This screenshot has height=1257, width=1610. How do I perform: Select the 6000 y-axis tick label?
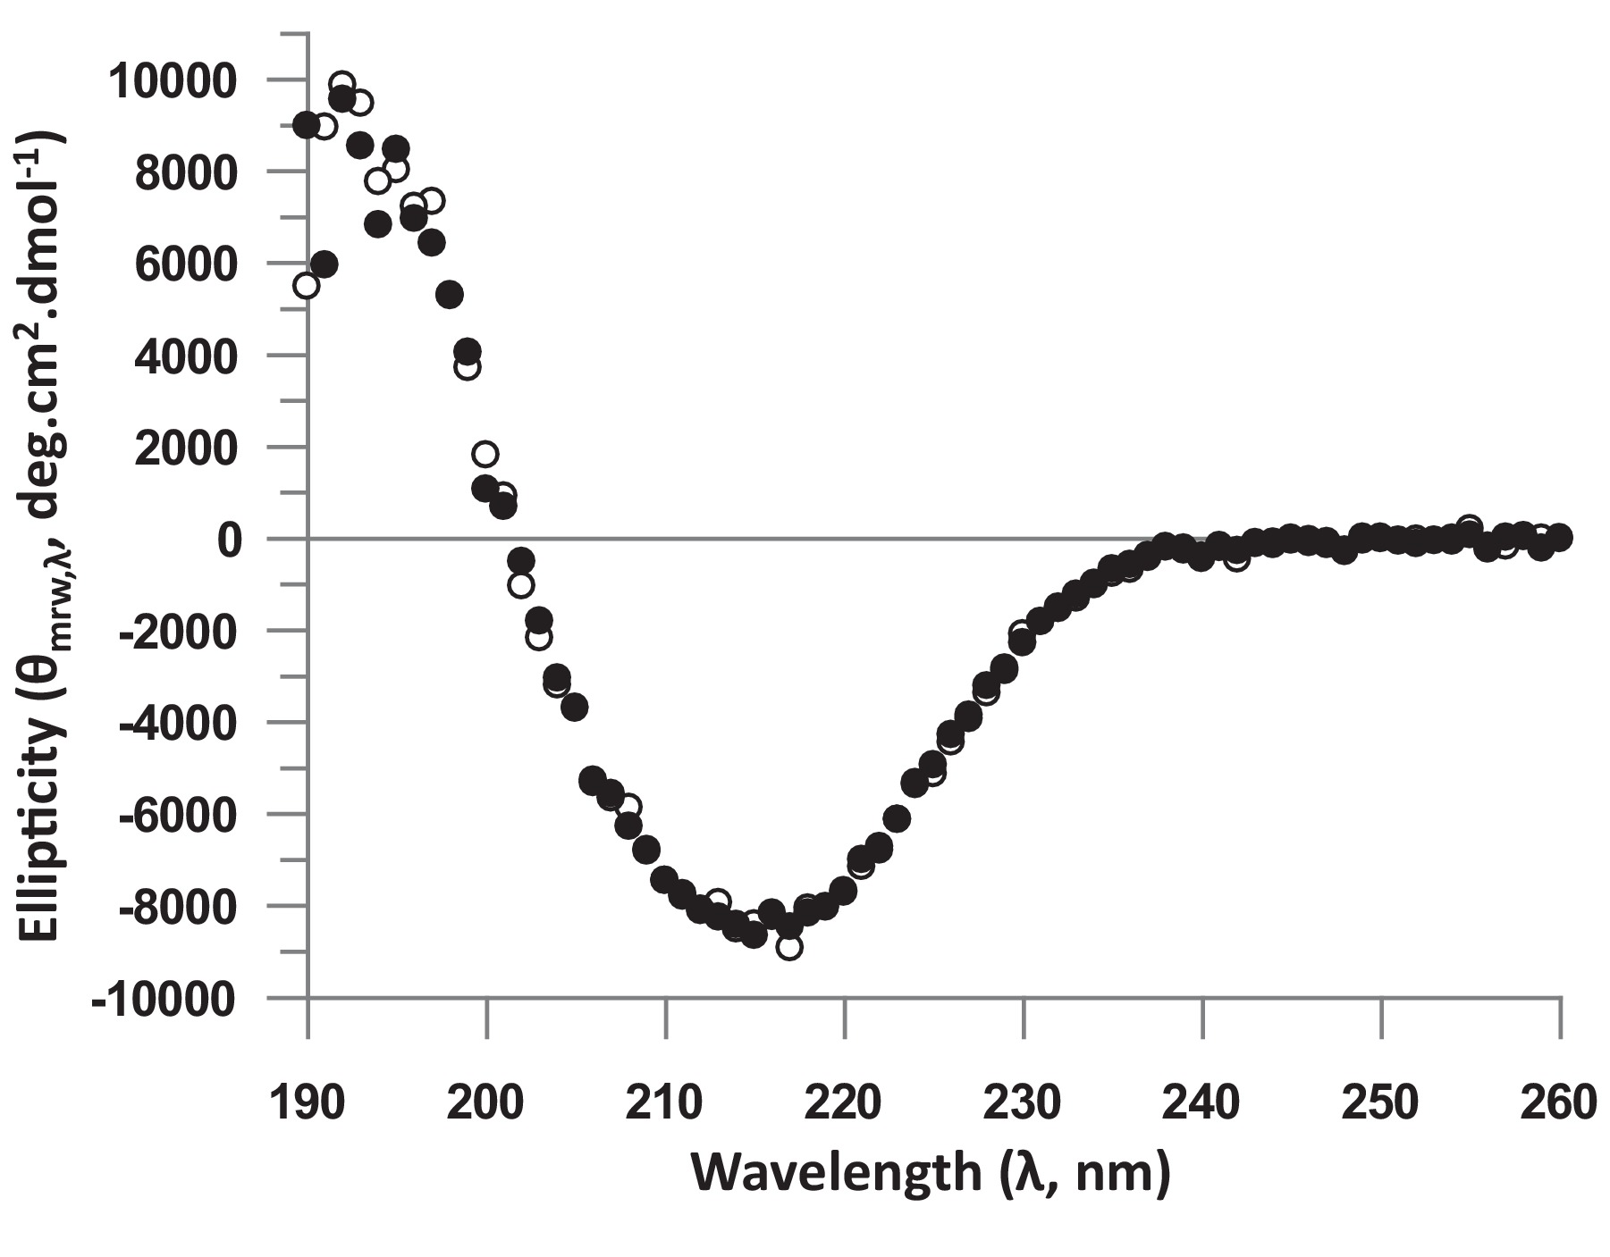pyautogui.click(x=184, y=265)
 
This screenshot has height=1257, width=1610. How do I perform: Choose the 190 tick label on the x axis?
pyautogui.click(x=307, y=1103)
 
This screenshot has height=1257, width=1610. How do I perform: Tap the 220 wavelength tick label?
pyautogui.click(x=844, y=1103)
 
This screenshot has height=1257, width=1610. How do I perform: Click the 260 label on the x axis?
pyautogui.click(x=1560, y=1103)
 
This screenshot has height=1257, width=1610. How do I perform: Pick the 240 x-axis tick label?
pyautogui.click(x=1202, y=1103)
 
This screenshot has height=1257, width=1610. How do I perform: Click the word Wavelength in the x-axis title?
pyautogui.click(x=835, y=1174)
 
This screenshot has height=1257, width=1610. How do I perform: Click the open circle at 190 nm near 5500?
pyautogui.click(x=307, y=285)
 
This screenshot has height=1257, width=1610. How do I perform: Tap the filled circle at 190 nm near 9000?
pyautogui.click(x=307, y=125)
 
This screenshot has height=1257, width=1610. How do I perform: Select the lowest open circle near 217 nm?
pyautogui.click(x=789, y=947)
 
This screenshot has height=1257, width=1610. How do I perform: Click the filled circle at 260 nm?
pyautogui.click(x=1560, y=537)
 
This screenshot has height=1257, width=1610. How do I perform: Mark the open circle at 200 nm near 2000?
pyautogui.click(x=485, y=454)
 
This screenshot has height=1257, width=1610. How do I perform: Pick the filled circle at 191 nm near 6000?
pyautogui.click(x=325, y=264)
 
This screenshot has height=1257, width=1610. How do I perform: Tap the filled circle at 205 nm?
pyautogui.click(x=575, y=707)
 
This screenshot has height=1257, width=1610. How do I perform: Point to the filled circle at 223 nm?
pyautogui.click(x=898, y=817)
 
